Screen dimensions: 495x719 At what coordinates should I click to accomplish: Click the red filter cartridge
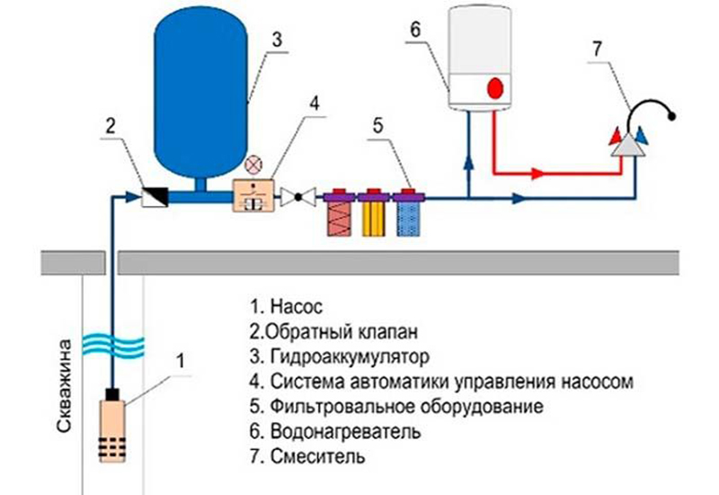(340, 216)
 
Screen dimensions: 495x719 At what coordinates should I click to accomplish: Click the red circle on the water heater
(495, 89)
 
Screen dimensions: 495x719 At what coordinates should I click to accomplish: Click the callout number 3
(278, 40)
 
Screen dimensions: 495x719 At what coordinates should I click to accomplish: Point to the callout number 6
(414, 29)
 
